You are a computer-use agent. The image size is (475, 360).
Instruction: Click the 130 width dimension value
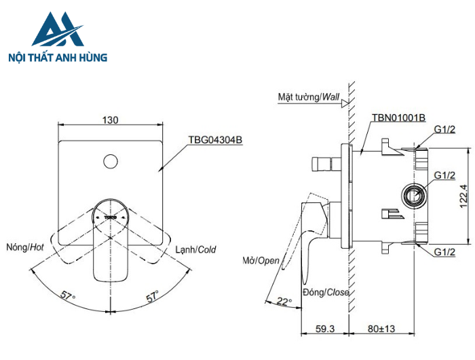coord(111,120)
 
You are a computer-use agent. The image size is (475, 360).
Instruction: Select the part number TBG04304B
coord(215,140)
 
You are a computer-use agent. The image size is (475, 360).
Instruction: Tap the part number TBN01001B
coord(398,118)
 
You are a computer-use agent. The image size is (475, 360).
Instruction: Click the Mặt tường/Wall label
coord(309,97)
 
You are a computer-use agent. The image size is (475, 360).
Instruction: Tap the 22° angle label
coord(284,302)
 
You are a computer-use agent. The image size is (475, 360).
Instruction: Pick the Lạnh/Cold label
coord(195,250)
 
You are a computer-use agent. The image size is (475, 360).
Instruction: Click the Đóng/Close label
coord(326,292)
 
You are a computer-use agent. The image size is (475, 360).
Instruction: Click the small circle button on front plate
coord(110,162)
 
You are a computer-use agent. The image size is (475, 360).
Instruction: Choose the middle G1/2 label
coord(444,175)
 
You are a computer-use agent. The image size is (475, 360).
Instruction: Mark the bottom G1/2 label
coord(444,252)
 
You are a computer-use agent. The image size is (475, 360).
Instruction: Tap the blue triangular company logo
coord(57,30)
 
